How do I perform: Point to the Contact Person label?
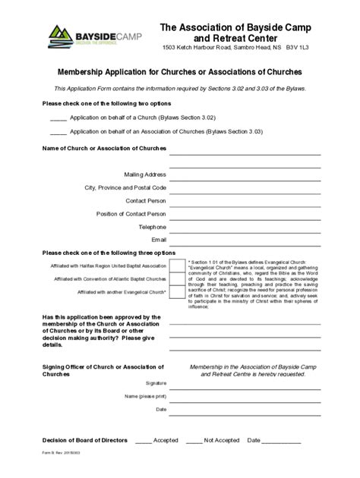[146, 200]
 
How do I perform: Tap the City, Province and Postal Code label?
[125, 187]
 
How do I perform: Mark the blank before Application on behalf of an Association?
[58, 133]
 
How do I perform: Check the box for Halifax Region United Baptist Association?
[177, 266]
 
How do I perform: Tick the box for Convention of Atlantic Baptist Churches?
[177, 279]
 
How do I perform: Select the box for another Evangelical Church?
[177, 292]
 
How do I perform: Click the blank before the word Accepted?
[143, 441]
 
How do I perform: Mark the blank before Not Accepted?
[194, 441]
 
